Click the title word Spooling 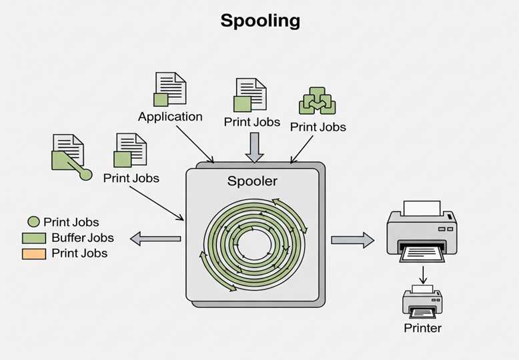pos(259,21)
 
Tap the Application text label pos(170,117)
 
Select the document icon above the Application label pos(170,89)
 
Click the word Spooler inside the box pos(252,181)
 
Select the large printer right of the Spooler pos(422,230)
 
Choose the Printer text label pos(422,328)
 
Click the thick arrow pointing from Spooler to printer pos(352,240)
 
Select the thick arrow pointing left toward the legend pos(155,238)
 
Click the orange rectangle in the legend pos(33,253)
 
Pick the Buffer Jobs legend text pos(82,238)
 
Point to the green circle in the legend pos(33,222)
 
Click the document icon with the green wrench pos(69,154)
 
